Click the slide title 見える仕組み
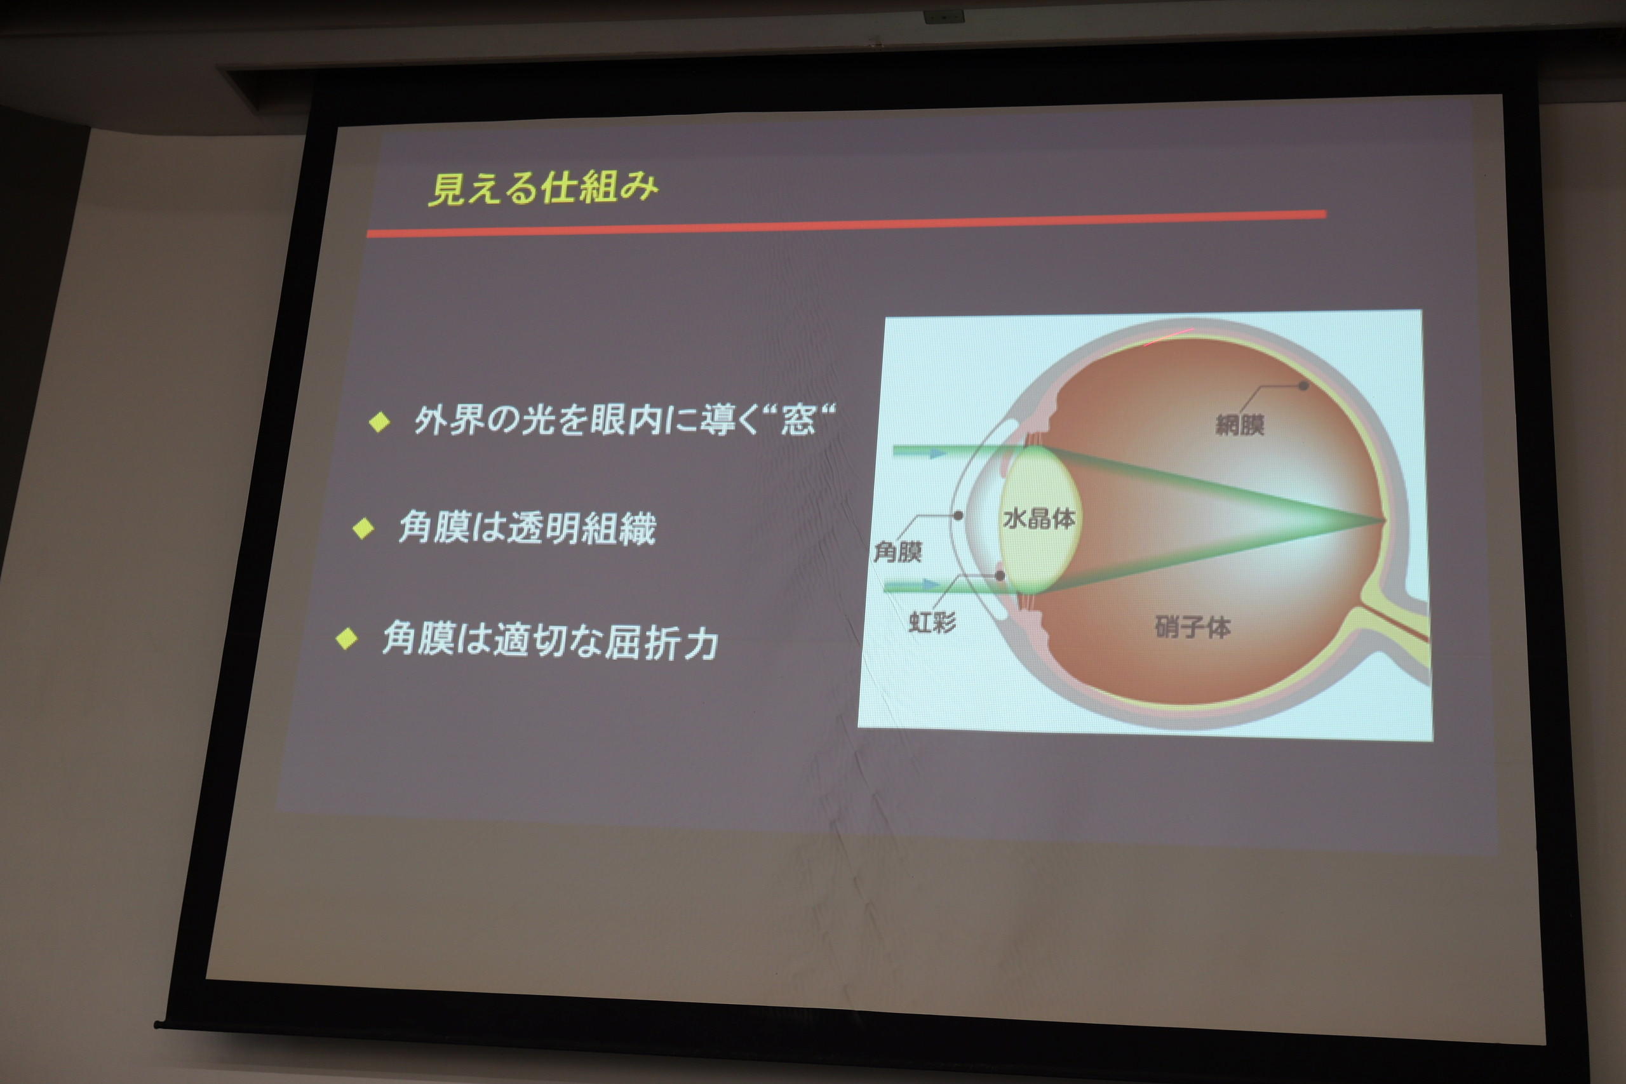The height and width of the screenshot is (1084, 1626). click(x=544, y=188)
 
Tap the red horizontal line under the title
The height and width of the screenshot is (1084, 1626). click(x=846, y=224)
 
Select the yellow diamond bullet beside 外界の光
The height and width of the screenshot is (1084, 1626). click(x=380, y=421)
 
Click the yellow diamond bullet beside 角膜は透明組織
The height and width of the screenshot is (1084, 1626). click(x=363, y=529)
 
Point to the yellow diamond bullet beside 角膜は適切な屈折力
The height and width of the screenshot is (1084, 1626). click(x=346, y=638)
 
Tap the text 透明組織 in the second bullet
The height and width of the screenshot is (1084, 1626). click(x=581, y=529)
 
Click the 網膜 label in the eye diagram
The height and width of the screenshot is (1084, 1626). click(x=1240, y=424)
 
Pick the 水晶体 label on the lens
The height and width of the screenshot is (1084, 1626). click(x=1039, y=518)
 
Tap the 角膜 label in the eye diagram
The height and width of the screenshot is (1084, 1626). click(x=898, y=552)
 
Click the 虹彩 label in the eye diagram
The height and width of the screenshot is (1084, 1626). click(x=932, y=622)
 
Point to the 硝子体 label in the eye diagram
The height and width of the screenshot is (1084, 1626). click(x=1193, y=627)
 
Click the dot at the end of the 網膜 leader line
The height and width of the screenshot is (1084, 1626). click(x=1303, y=385)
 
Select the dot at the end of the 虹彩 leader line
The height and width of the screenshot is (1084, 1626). click(x=1000, y=575)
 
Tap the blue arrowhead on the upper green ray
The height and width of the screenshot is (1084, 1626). click(x=938, y=453)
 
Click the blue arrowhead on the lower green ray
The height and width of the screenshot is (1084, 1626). click(x=932, y=585)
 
